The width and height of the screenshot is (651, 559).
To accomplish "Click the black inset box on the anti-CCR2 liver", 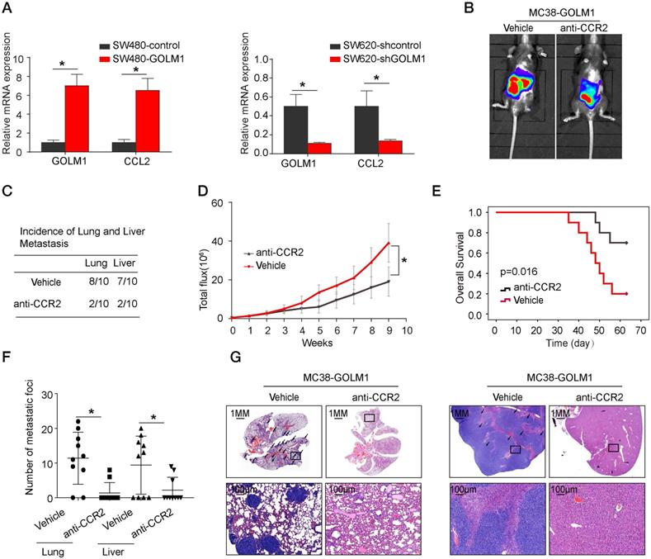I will click(612, 448).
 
